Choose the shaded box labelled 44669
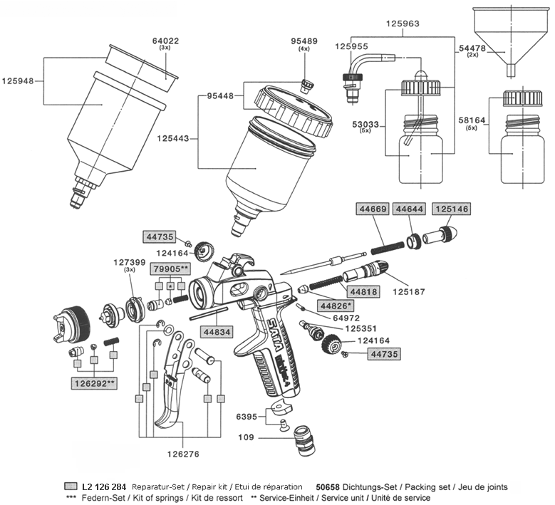371,209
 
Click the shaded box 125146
451,209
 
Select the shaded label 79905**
170,269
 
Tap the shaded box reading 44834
215,331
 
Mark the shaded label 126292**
95,383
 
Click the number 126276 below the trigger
180,451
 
